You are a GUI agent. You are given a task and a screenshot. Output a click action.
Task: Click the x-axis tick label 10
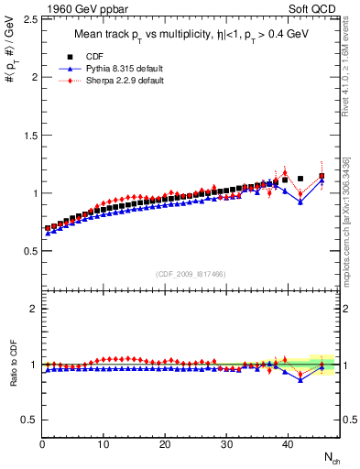(104, 446)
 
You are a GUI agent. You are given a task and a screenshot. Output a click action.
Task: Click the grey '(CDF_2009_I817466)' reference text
(191, 274)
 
